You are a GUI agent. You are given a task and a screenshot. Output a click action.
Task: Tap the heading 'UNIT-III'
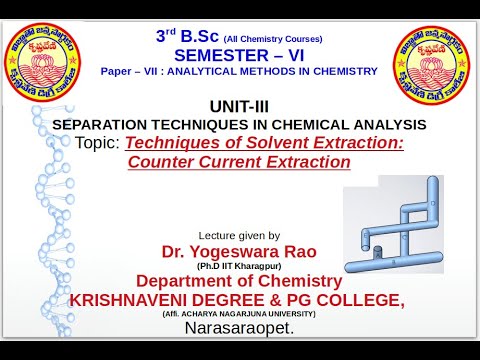tap(239, 106)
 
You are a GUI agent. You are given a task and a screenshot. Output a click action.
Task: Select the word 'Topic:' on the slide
tap(99, 143)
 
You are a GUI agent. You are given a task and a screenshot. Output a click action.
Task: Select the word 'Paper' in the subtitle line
tap(117, 72)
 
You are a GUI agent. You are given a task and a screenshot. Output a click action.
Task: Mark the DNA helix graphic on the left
tap(50, 200)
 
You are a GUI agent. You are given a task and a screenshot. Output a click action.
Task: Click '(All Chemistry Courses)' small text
tap(266, 38)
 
